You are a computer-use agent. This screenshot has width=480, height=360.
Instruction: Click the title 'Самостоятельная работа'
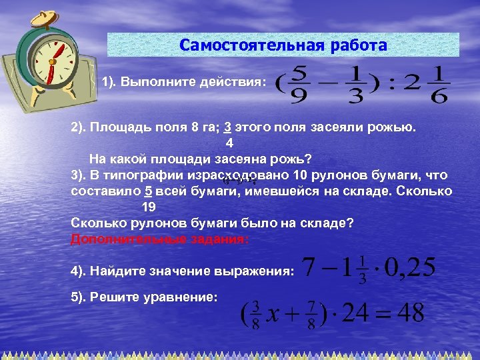coord(283,45)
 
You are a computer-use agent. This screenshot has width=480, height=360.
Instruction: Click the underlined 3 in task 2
coord(227,127)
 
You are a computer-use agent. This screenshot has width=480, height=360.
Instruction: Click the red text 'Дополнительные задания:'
coord(159,239)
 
